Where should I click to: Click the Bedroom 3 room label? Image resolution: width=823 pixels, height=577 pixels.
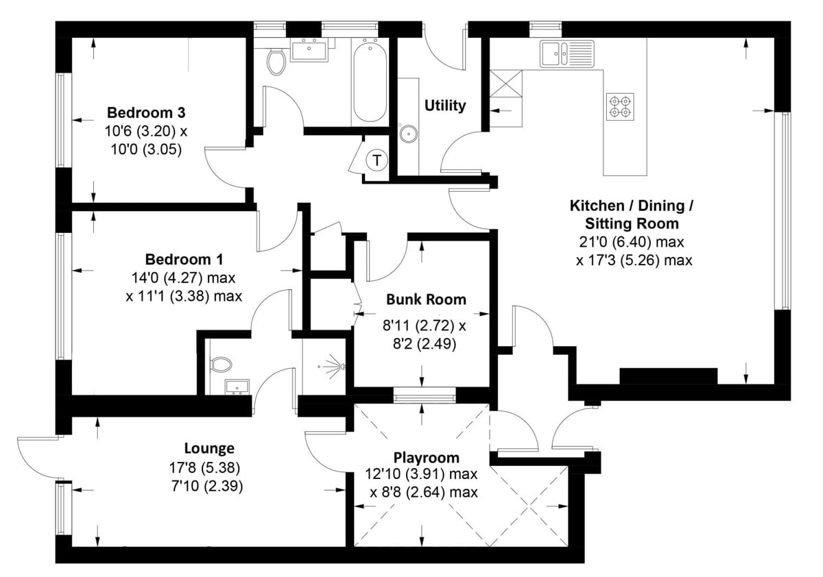pyautogui.click(x=147, y=112)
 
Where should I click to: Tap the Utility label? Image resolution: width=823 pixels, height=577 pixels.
pyautogui.click(x=444, y=106)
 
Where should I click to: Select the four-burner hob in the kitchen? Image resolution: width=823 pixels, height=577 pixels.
pyautogui.click(x=620, y=106)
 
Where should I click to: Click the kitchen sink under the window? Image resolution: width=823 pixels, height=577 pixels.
pyautogui.click(x=566, y=53)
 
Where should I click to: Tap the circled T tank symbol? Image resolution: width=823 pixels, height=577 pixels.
pyautogui.click(x=376, y=161)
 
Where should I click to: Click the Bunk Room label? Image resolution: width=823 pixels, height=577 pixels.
pyautogui.click(x=426, y=299)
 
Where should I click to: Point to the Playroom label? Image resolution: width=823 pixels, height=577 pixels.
pyautogui.click(x=426, y=458)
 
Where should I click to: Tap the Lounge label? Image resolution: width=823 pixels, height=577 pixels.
pyautogui.click(x=209, y=449)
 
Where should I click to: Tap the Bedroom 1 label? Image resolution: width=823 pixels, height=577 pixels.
pyautogui.click(x=184, y=260)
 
